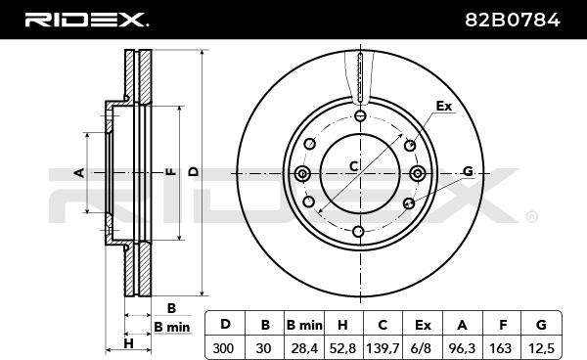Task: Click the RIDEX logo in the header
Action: pyautogui.click(x=86, y=20)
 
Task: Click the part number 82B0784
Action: pyautogui.click(x=513, y=20)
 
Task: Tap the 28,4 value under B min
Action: pyautogui.click(x=303, y=348)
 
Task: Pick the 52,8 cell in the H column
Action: pyautogui.click(x=342, y=348)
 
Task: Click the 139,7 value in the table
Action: pyautogui.click(x=383, y=348)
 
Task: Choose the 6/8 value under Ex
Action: pyautogui.click(x=421, y=348)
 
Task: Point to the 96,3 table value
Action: pyautogui.click(x=462, y=348)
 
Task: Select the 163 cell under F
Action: pyautogui.click(x=501, y=348)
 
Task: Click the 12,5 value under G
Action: pyautogui.click(x=541, y=348)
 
